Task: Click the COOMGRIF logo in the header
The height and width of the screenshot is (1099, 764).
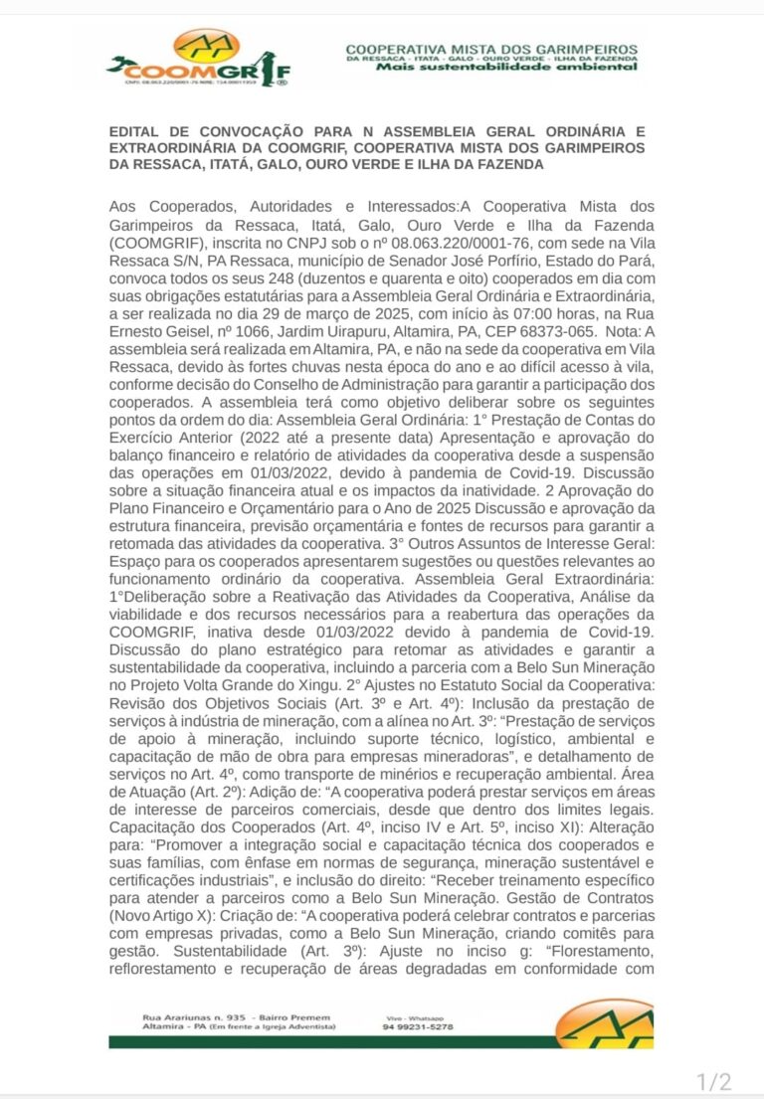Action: coord(199,60)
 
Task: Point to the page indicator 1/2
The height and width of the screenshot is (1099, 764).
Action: coord(713,1081)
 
